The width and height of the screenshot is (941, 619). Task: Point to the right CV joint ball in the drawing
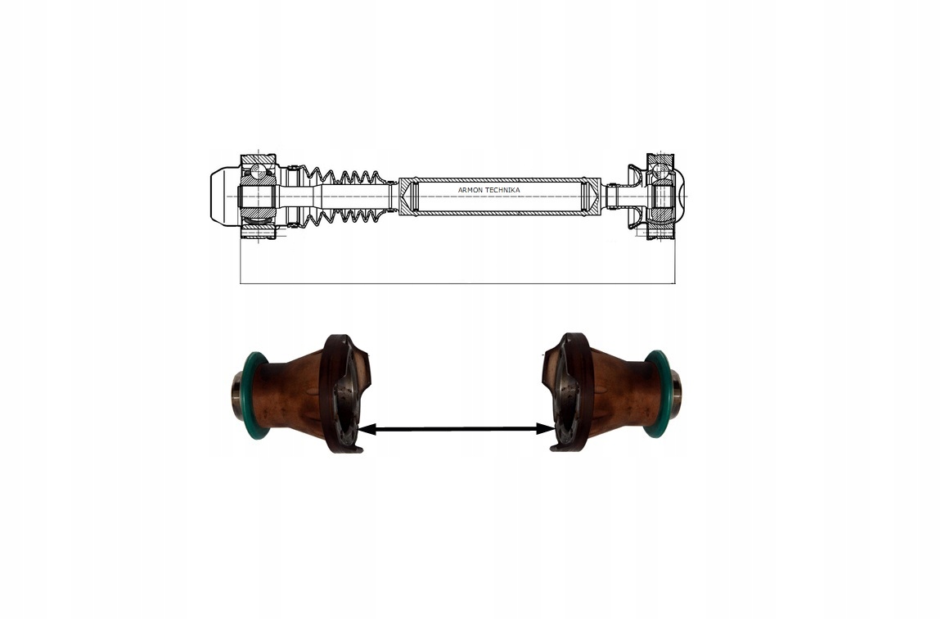659,171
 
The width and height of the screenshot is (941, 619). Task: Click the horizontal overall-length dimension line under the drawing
458,284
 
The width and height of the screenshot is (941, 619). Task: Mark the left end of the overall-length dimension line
241,284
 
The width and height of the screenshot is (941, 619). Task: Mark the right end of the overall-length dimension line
676,284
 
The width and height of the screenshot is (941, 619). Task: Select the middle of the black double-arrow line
456,428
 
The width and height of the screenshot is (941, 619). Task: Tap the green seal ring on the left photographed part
250,393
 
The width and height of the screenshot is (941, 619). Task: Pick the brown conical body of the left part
290,392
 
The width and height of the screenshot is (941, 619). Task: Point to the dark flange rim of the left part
332,393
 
